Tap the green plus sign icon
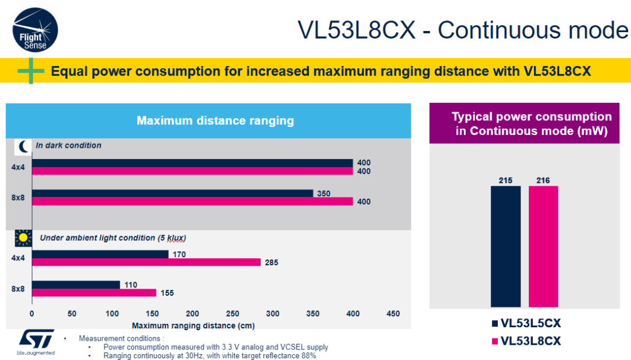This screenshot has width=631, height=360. click(31, 71)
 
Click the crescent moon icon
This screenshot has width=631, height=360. click(23, 146)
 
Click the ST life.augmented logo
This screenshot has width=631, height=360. click(36, 341)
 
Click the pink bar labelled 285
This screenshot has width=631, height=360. click(146, 262)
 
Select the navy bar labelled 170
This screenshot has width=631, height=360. click(100, 254)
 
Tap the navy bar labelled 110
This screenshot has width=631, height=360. click(76, 285)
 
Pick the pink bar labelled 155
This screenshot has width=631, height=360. click(94, 293)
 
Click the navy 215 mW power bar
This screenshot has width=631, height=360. click(505, 246)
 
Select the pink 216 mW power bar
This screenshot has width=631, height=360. click(543, 246)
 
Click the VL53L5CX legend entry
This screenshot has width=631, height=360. click(526, 323)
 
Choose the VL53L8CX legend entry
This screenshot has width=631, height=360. click(526, 340)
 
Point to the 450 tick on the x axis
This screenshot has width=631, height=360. click(393, 314)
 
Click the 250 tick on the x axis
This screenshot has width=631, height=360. click(233, 314)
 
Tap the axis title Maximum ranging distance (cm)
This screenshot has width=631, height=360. click(193, 326)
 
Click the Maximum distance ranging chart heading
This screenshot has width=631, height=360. click(215, 121)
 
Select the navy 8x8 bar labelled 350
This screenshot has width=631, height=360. click(173, 193)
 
